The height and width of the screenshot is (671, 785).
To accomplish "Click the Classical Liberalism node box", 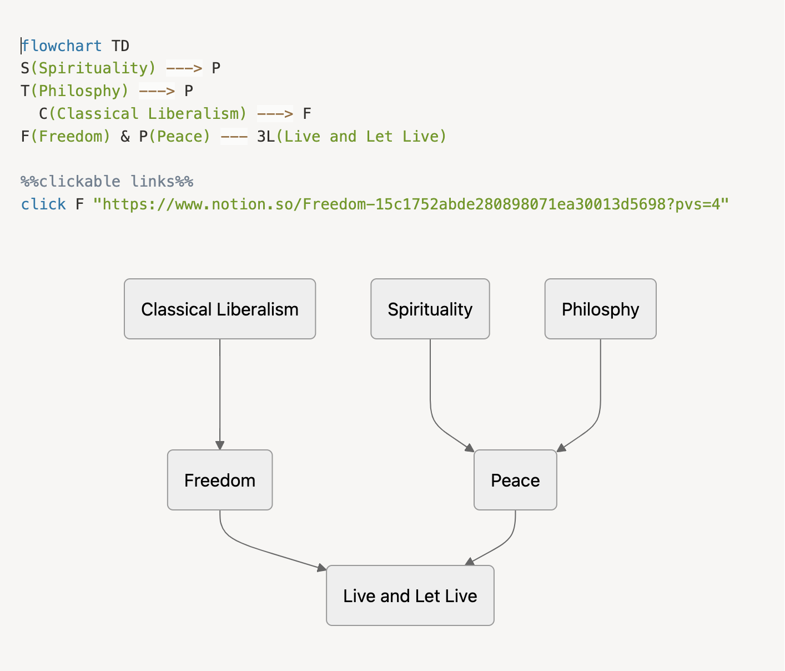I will click(x=220, y=309).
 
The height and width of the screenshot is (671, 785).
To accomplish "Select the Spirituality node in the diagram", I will click(x=430, y=309).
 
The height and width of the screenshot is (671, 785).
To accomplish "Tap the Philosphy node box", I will click(x=600, y=309).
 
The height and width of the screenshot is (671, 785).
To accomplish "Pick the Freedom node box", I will click(x=220, y=480).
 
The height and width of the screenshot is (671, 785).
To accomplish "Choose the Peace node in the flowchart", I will click(x=515, y=480).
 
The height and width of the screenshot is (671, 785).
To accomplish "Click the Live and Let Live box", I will click(x=410, y=595).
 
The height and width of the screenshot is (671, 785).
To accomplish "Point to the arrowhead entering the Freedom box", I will click(x=220, y=445).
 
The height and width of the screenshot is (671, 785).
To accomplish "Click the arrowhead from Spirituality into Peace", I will click(x=470, y=448).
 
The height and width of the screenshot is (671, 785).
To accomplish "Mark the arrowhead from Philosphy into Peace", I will click(x=561, y=448).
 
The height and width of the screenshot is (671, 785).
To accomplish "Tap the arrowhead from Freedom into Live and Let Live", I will click(x=322, y=568).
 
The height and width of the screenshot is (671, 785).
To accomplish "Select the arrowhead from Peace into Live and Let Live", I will click(x=470, y=562).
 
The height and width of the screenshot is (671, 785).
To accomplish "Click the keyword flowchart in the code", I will click(x=62, y=46).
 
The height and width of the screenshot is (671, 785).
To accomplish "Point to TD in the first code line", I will click(x=120, y=46).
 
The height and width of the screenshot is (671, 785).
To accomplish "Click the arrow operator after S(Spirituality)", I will click(x=184, y=68).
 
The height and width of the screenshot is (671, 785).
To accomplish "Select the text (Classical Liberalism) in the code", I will click(x=148, y=114).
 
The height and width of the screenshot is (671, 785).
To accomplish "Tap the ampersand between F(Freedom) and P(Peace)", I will click(x=125, y=137).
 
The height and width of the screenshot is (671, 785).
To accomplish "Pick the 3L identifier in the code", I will click(x=266, y=137).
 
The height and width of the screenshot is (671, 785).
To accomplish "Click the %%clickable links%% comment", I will click(x=107, y=182).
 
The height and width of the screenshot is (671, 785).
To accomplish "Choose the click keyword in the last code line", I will click(x=43, y=204).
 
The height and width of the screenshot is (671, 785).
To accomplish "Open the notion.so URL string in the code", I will click(x=411, y=204).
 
